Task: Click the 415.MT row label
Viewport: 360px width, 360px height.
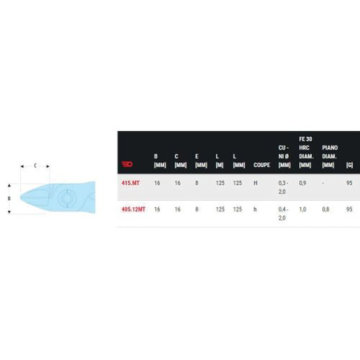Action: [130, 183]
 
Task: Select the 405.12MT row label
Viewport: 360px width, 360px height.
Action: [132, 209]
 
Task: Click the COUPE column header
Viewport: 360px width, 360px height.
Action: [261, 166]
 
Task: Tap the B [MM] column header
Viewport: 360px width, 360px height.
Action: [159, 161]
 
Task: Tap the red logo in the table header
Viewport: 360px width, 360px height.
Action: [126, 166]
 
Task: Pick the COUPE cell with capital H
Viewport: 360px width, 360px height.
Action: [256, 183]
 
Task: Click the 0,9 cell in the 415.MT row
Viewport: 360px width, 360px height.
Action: [302, 183]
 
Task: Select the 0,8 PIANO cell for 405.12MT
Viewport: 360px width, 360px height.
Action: [325, 209]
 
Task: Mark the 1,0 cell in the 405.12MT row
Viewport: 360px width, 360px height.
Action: [302, 209]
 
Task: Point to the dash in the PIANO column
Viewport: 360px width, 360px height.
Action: [324, 183]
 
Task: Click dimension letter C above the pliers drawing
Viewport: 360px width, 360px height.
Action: [34, 165]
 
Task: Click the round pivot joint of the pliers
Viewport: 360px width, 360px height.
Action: [66, 197]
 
